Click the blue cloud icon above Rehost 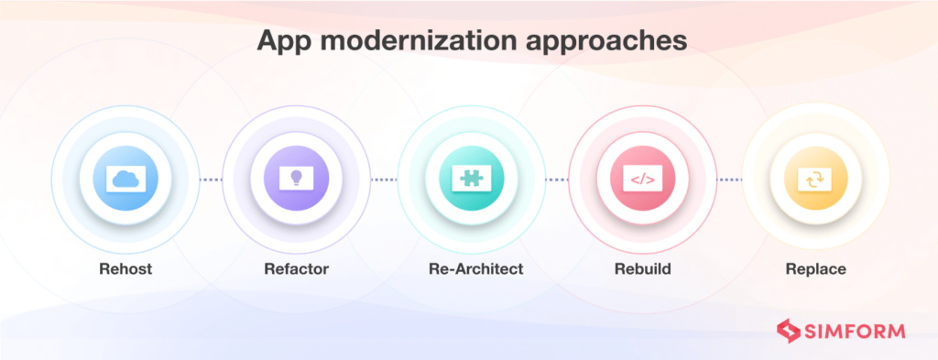point(124,179)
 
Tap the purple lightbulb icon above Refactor point(295,179)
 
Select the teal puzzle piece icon point(469,179)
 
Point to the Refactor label point(295,270)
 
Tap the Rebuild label point(642,270)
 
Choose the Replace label point(814,270)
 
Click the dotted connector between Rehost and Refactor point(210,180)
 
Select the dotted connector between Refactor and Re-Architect point(383,180)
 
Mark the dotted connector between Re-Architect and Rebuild point(556,180)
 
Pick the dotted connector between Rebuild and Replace point(728,180)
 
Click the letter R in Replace point(790,270)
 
